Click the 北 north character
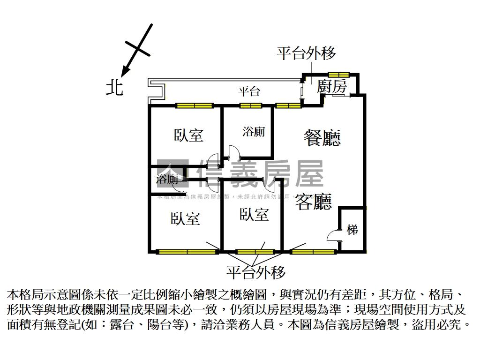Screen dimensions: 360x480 [x=114, y=88]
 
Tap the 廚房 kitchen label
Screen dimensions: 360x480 [x=331, y=87]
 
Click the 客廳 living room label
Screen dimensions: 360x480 [x=313, y=202]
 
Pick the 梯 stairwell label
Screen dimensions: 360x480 [x=352, y=230]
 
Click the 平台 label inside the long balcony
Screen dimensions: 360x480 [x=248, y=91]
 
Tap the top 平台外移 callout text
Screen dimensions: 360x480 [x=306, y=53]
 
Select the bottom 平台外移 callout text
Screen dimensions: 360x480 [x=256, y=272]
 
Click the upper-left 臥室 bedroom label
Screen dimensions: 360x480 [x=188, y=135]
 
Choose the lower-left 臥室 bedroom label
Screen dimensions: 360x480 [x=185, y=218]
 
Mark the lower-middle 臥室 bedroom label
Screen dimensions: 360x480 [x=254, y=215]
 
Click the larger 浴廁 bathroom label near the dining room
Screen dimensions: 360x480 [x=254, y=132]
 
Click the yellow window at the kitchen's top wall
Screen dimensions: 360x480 [x=338, y=75]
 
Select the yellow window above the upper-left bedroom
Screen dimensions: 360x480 [x=194, y=105]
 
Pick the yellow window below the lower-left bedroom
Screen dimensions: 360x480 [x=187, y=252]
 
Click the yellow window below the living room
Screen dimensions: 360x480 [x=313, y=252]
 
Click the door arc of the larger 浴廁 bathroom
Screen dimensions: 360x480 [x=233, y=152]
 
